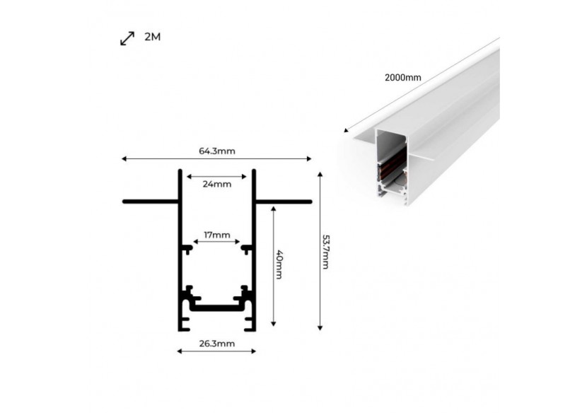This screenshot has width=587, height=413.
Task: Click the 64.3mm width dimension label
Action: [x=216, y=151]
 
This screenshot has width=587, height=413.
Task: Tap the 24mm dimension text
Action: [x=216, y=185]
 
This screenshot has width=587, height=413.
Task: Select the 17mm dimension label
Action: [x=217, y=234]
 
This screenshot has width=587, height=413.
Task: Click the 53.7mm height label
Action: [x=326, y=252]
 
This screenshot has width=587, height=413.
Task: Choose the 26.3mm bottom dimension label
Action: [x=216, y=344]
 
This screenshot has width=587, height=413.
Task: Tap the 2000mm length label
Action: [x=403, y=78]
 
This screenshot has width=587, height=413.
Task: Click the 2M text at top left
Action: [x=152, y=37]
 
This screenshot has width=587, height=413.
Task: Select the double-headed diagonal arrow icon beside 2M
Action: [x=127, y=38]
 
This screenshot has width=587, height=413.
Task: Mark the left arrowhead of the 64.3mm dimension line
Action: [x=124, y=158]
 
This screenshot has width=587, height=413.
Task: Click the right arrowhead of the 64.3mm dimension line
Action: [x=308, y=158]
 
